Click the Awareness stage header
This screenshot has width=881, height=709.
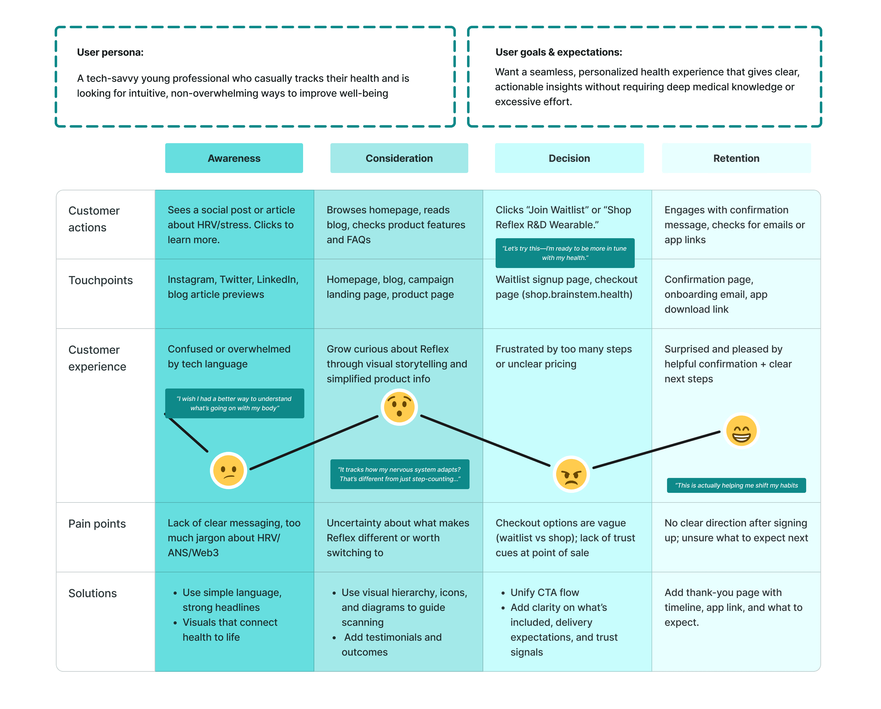[234, 158]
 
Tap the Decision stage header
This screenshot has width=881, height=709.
[569, 158]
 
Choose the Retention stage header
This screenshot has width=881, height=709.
[736, 158]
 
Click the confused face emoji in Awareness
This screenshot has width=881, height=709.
[229, 470]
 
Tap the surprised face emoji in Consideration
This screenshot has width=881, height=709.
[399, 407]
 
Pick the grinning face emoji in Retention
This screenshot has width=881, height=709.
[741, 431]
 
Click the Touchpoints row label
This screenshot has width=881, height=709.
[101, 280]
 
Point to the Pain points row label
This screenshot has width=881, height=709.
[97, 524]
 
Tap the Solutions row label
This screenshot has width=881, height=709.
[92, 593]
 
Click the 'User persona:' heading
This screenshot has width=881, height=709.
[110, 52]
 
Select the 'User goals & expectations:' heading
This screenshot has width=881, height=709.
[559, 52]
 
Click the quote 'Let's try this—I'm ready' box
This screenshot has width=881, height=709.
[565, 253]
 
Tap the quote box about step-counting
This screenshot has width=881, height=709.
[400, 474]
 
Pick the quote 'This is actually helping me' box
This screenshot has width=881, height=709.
[736, 485]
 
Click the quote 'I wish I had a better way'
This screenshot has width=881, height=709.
[234, 403]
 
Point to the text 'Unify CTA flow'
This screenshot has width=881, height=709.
[545, 593]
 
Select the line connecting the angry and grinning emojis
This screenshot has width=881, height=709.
[656, 449]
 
